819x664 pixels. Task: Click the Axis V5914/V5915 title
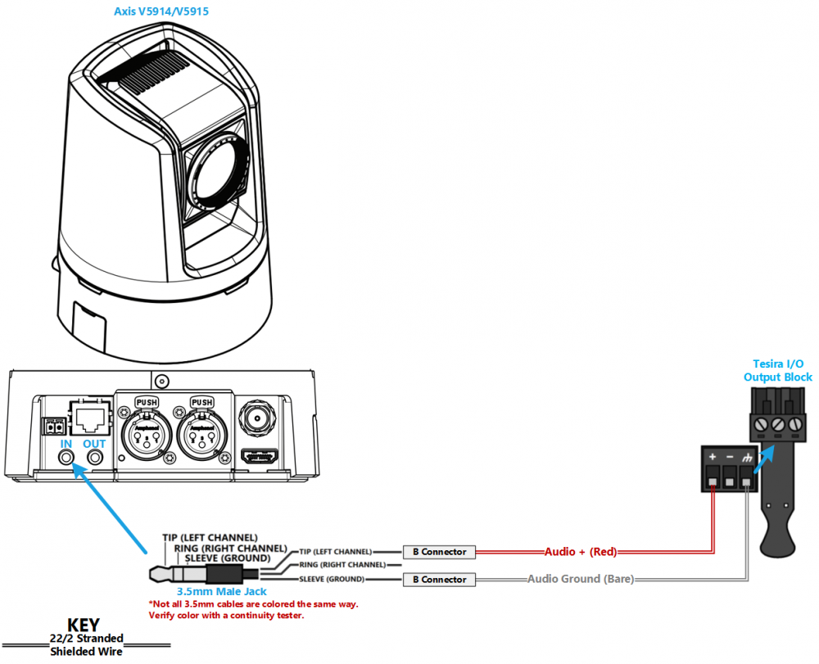coord(161,11)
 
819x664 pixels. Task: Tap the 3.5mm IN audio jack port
coord(66,458)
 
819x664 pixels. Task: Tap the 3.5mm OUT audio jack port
coord(94,458)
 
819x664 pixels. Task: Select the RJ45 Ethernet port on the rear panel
coord(91,417)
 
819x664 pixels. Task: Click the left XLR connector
coord(147,433)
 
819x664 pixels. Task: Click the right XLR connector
coord(202,433)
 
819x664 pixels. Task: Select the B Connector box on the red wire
coord(439,552)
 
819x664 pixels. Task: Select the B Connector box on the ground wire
coord(439,580)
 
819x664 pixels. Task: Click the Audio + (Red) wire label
coord(581,552)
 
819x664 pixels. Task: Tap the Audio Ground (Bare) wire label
coord(581,579)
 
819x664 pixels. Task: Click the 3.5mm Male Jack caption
coord(221,591)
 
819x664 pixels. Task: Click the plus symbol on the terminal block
coord(713,457)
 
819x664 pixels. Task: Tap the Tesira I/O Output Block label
coord(778,370)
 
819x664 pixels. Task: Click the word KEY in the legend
coord(84,625)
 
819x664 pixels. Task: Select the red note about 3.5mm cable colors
coord(253,610)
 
